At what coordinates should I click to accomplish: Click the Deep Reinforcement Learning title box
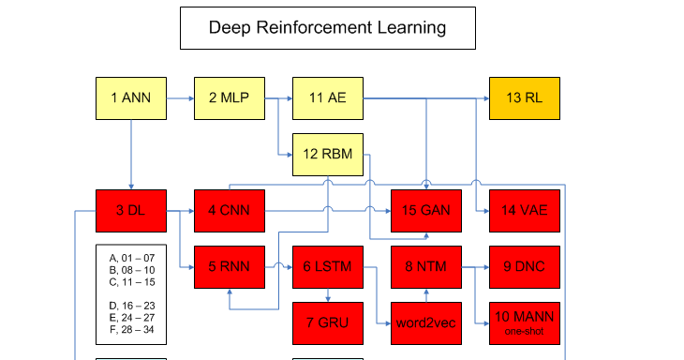327,28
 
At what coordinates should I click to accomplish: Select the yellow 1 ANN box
131,98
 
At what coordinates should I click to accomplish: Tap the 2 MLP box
229,98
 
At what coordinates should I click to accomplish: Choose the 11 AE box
327,98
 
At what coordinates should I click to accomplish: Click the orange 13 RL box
524,98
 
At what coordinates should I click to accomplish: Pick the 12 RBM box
327,155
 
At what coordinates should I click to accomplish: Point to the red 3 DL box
131,211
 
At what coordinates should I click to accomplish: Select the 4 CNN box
229,211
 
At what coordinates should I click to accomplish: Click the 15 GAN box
426,211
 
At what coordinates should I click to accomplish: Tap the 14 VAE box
524,211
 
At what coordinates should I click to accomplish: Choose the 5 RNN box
229,267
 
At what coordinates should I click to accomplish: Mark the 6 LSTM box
327,267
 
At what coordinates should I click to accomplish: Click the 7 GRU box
327,323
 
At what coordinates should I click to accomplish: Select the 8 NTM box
426,267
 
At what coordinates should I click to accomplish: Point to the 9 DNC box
524,267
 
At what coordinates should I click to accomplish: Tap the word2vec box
426,323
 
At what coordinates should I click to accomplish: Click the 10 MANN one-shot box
524,323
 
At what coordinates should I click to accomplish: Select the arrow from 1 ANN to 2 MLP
180,98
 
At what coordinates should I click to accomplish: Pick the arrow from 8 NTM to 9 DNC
475,267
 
